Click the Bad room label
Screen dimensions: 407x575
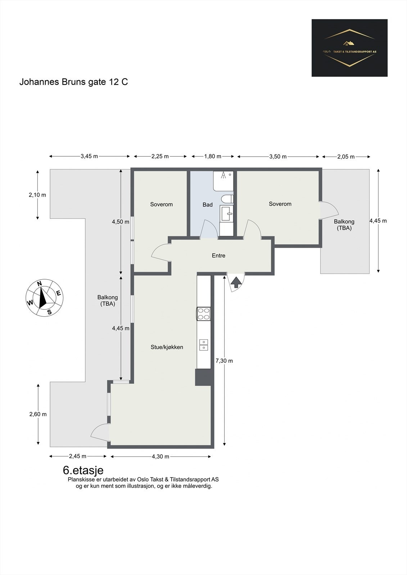coord(208,204)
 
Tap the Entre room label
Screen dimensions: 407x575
coord(218,256)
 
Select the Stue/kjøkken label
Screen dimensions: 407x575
coord(167,347)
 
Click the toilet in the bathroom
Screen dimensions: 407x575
coord(227,199)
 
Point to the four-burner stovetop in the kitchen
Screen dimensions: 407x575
coord(204,314)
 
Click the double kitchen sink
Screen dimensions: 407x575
coord(204,345)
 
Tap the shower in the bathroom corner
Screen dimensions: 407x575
coord(223,181)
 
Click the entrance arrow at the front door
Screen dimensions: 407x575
coord(236,282)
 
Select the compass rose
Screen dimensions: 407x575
coord(45,298)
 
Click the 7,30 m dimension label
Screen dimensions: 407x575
coord(224,361)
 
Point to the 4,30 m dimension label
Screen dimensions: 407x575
coord(160,456)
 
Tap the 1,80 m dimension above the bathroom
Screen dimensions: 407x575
coord(213,156)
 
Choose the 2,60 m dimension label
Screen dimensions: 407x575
coord(38,414)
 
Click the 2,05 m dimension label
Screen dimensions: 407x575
coord(346,157)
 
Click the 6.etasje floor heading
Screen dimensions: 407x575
coord(83,470)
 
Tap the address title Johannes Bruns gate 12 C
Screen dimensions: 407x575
coord(73,82)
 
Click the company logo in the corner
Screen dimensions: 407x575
coord(349,48)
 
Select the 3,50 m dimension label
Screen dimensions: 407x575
coord(278,157)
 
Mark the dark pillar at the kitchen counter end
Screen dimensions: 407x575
coord(203,377)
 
